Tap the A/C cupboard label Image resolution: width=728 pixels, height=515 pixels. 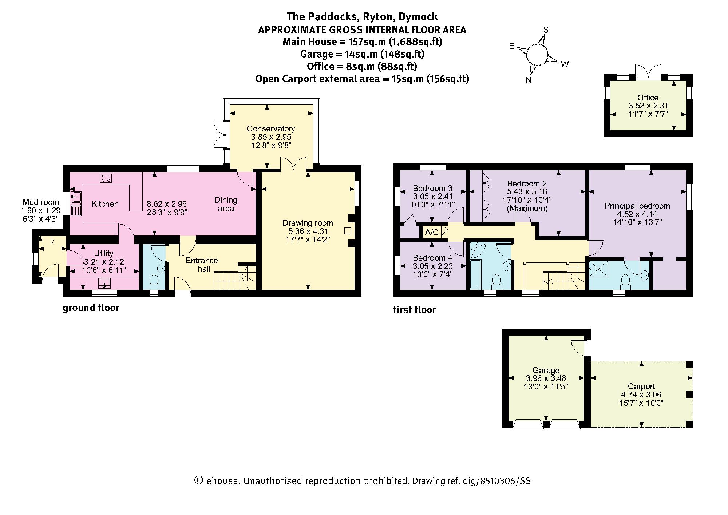coord(432,232)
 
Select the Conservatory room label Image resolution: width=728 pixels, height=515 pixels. coord(270,128)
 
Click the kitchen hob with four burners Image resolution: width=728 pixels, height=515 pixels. coord(106,178)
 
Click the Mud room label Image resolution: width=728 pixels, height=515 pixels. coord(41,202)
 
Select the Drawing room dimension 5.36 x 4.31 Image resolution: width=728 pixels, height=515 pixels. coord(308,231)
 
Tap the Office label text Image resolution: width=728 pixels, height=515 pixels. coord(648,98)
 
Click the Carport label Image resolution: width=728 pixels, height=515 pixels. coord(641,386)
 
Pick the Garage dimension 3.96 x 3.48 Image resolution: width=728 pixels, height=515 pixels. coord(546,378)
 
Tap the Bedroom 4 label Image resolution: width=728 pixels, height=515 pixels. coord(432,258)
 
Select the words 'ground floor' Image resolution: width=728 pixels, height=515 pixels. coord(91,308)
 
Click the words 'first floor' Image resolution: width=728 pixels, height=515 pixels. coord(414,310)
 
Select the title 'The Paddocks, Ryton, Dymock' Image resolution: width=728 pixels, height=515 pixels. coord(362,16)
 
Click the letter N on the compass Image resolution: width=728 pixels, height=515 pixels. coord(529,80)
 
